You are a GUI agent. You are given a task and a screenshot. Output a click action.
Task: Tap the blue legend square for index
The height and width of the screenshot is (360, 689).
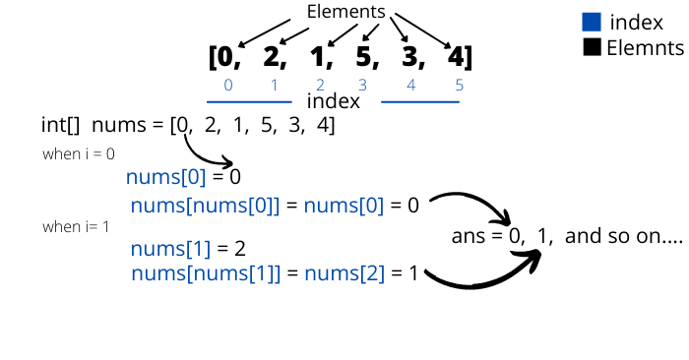(x=592, y=22)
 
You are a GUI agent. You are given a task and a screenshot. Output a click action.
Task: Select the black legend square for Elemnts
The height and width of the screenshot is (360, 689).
(x=592, y=46)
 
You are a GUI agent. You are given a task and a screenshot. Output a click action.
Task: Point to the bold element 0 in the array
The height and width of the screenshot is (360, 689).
(x=224, y=57)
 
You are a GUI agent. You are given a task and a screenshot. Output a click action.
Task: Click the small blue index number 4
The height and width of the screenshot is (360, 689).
(x=410, y=85)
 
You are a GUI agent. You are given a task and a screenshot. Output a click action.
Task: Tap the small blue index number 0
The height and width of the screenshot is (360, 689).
(x=228, y=85)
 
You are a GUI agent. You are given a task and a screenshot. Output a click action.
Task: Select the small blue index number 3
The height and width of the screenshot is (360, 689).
(x=362, y=85)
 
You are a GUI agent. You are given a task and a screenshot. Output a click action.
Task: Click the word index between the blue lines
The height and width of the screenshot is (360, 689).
(x=334, y=101)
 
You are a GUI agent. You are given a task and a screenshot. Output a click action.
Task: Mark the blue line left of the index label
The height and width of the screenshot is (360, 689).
(x=249, y=101)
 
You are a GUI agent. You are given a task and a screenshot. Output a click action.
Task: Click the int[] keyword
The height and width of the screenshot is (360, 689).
(x=59, y=125)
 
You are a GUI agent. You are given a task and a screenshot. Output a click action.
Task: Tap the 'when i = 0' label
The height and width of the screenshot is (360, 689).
(x=79, y=154)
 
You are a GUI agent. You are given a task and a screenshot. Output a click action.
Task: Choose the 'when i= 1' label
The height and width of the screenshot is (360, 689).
(x=77, y=227)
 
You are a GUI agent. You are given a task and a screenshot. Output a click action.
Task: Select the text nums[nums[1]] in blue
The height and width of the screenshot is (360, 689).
(x=206, y=272)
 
